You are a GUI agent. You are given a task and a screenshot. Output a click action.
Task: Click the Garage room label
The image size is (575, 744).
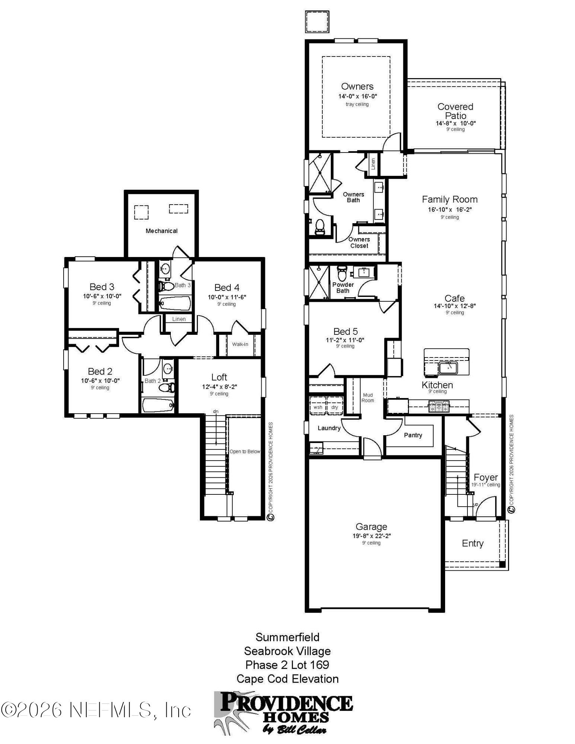371,526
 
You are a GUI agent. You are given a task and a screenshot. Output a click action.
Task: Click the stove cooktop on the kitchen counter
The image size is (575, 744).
439,407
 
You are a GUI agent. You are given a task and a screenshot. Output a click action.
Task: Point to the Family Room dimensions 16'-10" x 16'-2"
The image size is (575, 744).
450,209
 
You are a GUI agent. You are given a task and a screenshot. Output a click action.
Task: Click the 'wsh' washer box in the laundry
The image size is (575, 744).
317,407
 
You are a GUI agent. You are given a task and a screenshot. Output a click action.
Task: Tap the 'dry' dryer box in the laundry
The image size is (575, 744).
335,407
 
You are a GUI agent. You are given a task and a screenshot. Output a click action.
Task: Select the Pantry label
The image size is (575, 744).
413,435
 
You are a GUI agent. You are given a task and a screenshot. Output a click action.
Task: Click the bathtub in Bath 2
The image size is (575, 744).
158,405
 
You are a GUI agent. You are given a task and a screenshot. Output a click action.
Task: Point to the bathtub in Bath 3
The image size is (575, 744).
175,303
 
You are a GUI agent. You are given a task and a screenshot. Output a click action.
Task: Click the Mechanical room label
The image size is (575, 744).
162,231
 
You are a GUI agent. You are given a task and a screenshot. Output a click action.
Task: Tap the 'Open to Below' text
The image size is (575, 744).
245,451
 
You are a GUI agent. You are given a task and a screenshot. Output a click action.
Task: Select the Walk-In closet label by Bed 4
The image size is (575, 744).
240,344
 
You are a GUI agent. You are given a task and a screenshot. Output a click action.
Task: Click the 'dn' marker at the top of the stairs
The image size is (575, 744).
215,411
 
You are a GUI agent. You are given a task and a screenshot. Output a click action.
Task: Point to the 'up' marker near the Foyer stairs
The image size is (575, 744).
475,504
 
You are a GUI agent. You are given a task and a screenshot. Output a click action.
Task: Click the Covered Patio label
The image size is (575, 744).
455,111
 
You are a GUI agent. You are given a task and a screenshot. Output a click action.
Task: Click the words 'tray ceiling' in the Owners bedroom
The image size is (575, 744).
357,104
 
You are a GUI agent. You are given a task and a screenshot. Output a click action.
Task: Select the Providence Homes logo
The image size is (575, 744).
283,712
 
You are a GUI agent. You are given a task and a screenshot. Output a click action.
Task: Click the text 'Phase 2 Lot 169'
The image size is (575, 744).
287,665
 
